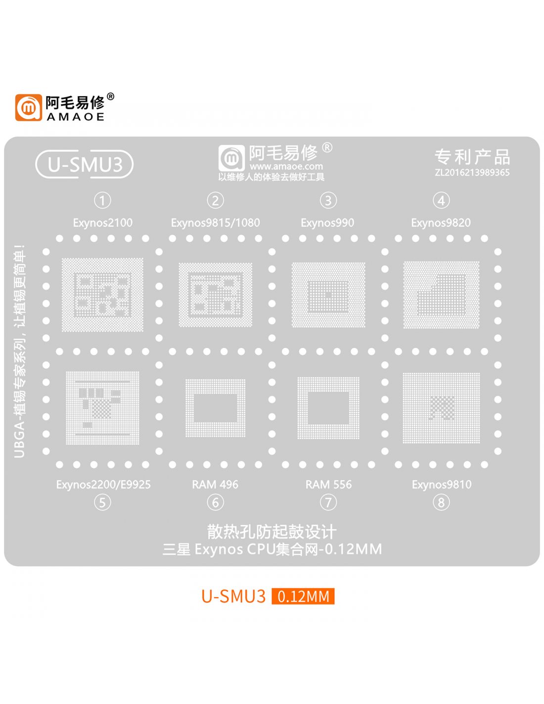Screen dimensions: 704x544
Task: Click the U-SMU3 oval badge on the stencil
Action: (x=85, y=164)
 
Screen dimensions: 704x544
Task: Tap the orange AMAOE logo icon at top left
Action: (x=28, y=107)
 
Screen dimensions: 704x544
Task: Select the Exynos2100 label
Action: (x=102, y=223)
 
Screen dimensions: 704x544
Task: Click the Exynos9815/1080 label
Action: (x=215, y=223)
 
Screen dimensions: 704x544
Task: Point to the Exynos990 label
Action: (x=327, y=223)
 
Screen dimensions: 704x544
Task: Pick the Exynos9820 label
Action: (x=441, y=223)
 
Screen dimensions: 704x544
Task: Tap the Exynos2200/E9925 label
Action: (x=103, y=484)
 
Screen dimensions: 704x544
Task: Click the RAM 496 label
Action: (x=215, y=484)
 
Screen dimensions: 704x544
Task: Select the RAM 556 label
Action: (x=328, y=484)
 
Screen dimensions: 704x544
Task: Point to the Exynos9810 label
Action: (x=442, y=484)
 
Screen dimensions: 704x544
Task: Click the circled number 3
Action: (x=328, y=201)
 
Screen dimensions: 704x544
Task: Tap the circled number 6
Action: (x=215, y=503)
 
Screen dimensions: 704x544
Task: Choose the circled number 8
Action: (x=441, y=503)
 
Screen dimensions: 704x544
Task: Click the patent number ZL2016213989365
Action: (x=472, y=173)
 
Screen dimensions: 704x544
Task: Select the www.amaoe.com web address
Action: (x=286, y=167)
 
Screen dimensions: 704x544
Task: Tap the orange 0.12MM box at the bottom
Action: (x=303, y=596)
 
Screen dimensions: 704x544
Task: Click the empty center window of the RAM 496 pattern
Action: (x=215, y=407)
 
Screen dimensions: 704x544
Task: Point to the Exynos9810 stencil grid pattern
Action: (x=441, y=408)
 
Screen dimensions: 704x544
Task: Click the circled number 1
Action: (x=102, y=201)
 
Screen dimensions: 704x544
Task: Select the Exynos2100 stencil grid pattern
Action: (x=102, y=295)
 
